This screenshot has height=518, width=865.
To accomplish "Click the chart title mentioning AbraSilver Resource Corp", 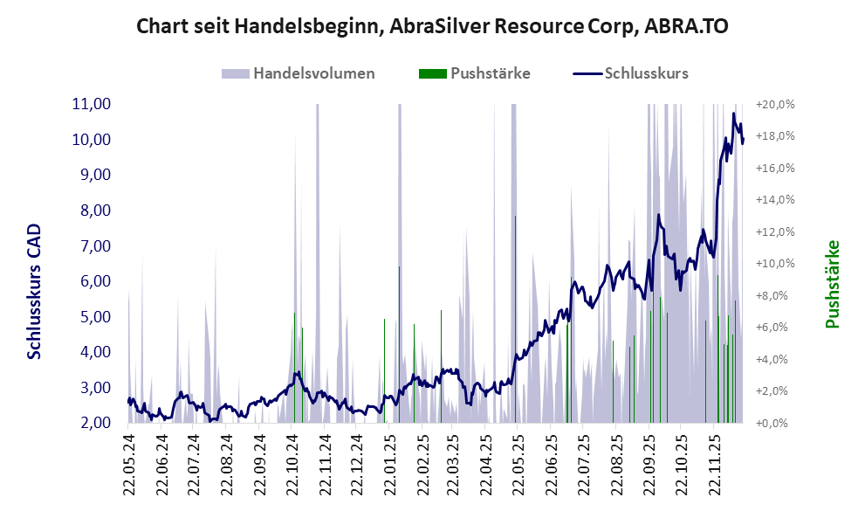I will click(432, 27).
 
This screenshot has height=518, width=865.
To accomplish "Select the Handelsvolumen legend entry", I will click(314, 73).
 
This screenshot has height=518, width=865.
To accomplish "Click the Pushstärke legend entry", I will click(490, 73).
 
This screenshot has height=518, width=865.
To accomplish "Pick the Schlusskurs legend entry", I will click(646, 73).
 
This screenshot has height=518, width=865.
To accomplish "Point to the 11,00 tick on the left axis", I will click(91, 104).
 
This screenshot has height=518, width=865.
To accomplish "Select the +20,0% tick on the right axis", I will click(775, 104).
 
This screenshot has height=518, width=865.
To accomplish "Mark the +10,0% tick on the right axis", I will click(775, 264).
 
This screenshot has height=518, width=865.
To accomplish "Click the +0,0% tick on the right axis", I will click(775, 423).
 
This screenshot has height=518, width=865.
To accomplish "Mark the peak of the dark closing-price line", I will click(734, 114).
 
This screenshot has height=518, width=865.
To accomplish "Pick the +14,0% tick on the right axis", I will click(775, 200).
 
